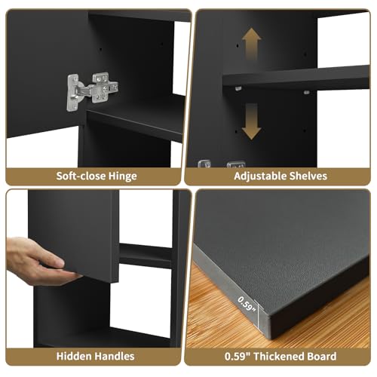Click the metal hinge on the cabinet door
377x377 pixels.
[92, 91]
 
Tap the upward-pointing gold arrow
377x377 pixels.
[251, 44]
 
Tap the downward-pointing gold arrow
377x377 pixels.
[251, 121]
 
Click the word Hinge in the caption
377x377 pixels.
[123, 176]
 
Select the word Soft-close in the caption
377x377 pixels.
[81, 176]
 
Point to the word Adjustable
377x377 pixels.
[260, 176]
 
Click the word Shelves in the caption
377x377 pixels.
[308, 176]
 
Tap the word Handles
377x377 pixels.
[115, 356]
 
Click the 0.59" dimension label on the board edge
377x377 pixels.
[247, 304]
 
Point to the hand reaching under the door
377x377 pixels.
[38, 262]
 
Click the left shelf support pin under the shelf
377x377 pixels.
[238, 88]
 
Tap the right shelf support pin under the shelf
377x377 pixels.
[306, 92]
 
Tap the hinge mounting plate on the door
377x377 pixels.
[73, 93]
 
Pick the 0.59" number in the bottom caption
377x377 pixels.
[238, 356]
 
